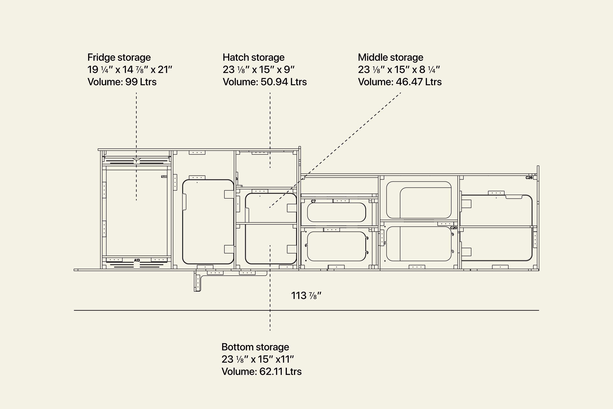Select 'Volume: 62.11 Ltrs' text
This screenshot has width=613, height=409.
coord(261,371)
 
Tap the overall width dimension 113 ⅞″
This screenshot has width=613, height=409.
coord(306,296)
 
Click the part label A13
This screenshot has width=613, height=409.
coord(137,260)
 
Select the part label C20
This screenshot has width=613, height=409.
coord(453,228)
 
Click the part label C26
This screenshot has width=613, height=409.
coord(529,178)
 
